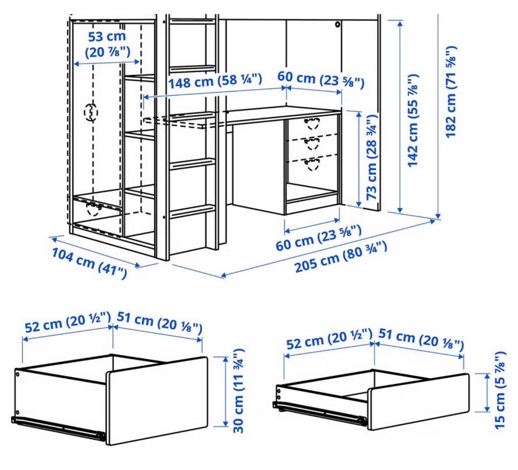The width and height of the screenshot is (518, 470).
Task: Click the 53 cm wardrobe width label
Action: pyautogui.click(x=107, y=44)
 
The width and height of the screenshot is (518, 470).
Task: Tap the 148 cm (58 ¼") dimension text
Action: pyautogui.click(x=215, y=81)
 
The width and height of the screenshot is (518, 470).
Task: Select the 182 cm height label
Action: pyautogui.click(x=451, y=92)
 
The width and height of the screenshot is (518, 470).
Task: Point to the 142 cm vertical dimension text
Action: pyautogui.click(x=413, y=121)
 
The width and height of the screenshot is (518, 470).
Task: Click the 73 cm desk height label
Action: pyautogui.click(x=372, y=157)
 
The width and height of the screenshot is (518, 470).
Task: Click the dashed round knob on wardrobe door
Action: pyautogui.click(x=91, y=113)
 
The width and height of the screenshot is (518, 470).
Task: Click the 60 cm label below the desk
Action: pyautogui.click(x=318, y=237)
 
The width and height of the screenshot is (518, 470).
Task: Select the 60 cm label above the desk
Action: pyautogui.click(x=321, y=79)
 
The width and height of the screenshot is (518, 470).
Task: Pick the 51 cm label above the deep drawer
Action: pyautogui.click(x=159, y=322)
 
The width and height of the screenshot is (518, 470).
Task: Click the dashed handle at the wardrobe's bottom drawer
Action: pyautogui.click(x=93, y=209)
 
